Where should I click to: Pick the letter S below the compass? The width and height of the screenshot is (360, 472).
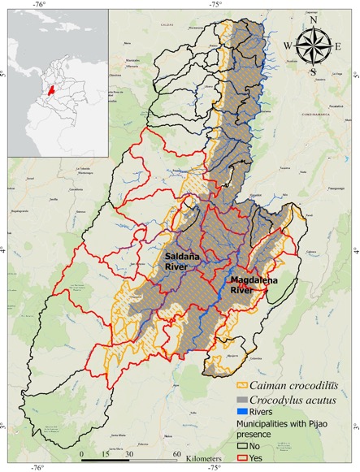[313, 71]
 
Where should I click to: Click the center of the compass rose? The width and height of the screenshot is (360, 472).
[313, 46]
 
